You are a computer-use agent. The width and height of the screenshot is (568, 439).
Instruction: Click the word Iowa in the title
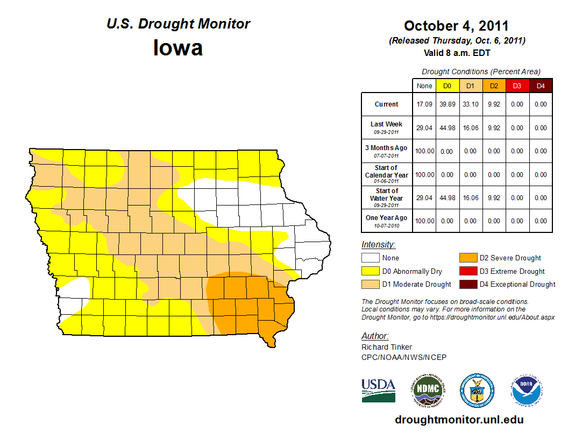[178, 48]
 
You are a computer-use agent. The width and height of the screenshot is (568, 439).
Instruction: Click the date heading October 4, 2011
[456, 26]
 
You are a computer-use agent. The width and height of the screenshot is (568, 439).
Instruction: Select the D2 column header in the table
[493, 86]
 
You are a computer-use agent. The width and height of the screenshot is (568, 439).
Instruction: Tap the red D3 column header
[517, 86]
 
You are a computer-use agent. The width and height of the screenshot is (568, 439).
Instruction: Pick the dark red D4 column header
[540, 86]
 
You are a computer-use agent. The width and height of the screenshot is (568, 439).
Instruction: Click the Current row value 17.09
[424, 104]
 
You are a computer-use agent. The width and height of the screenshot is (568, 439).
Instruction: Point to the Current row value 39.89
[447, 104]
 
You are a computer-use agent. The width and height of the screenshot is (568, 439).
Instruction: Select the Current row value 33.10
[470, 104]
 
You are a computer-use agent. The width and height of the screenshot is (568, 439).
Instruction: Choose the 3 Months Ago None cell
[424, 151]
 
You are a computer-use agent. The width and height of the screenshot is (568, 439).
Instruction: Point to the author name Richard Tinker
[387, 347]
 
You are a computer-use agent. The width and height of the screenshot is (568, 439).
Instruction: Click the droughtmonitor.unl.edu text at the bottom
[459, 420]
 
